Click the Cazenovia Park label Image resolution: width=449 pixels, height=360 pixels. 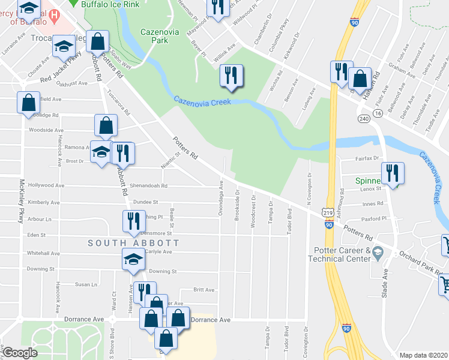[159, 36]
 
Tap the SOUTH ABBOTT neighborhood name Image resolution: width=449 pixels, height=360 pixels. [133, 242]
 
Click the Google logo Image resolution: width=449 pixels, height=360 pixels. [20, 353]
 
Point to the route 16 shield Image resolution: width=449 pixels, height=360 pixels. [377, 112]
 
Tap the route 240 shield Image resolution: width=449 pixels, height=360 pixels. [363, 118]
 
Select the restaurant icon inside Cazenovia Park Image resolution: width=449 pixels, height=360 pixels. [231, 75]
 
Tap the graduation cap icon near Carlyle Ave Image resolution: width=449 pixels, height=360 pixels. [133, 259]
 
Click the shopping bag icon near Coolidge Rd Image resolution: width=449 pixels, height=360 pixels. [28, 103]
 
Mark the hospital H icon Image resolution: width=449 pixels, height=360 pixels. [54, 14]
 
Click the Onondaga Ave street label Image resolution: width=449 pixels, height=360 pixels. [221, 199]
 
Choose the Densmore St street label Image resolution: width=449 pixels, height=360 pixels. [157, 233]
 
